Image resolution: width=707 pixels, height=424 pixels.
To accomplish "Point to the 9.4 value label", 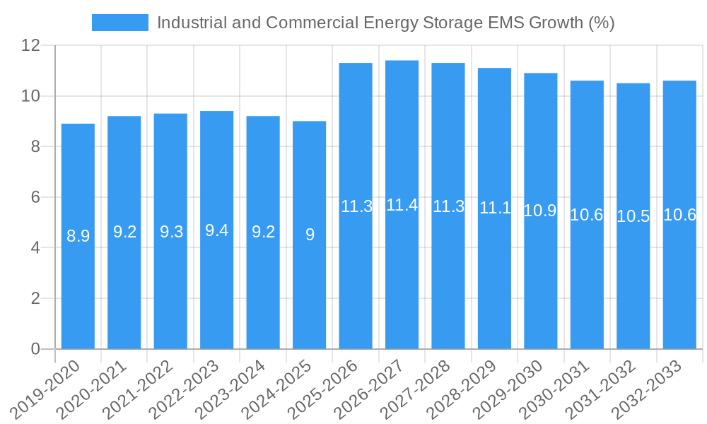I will click(216, 230).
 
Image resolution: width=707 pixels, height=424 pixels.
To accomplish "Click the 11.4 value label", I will click(402, 205).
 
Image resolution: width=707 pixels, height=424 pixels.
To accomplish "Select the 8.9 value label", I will click(78, 236).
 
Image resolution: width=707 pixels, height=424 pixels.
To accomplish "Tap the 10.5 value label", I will click(633, 216).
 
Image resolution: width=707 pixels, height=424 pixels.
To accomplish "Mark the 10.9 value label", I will click(540, 211).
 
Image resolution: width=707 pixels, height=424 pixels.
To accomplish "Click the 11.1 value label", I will click(494, 208).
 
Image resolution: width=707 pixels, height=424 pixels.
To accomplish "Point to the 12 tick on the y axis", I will click(30, 45).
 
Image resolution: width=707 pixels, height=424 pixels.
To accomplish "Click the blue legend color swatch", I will click(120, 23).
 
